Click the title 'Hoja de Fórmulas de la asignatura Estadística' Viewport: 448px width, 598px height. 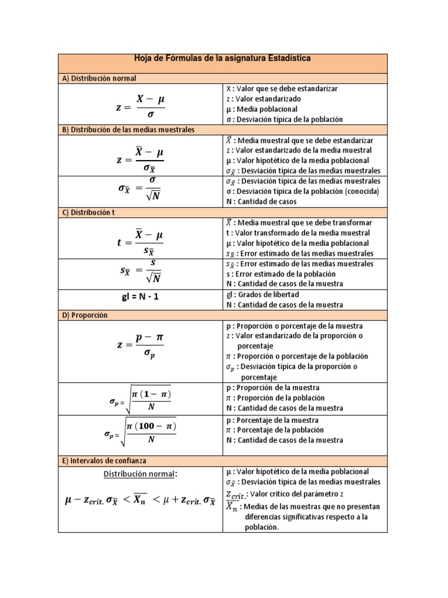click(222, 59)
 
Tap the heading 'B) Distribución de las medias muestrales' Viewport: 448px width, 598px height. click(128, 129)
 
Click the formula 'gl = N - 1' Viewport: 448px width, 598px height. click(140, 297)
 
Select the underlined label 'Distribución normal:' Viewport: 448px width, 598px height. click(140, 474)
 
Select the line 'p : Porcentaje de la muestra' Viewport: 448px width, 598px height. click(272, 420)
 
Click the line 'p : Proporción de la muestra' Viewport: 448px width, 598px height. click(272, 387)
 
